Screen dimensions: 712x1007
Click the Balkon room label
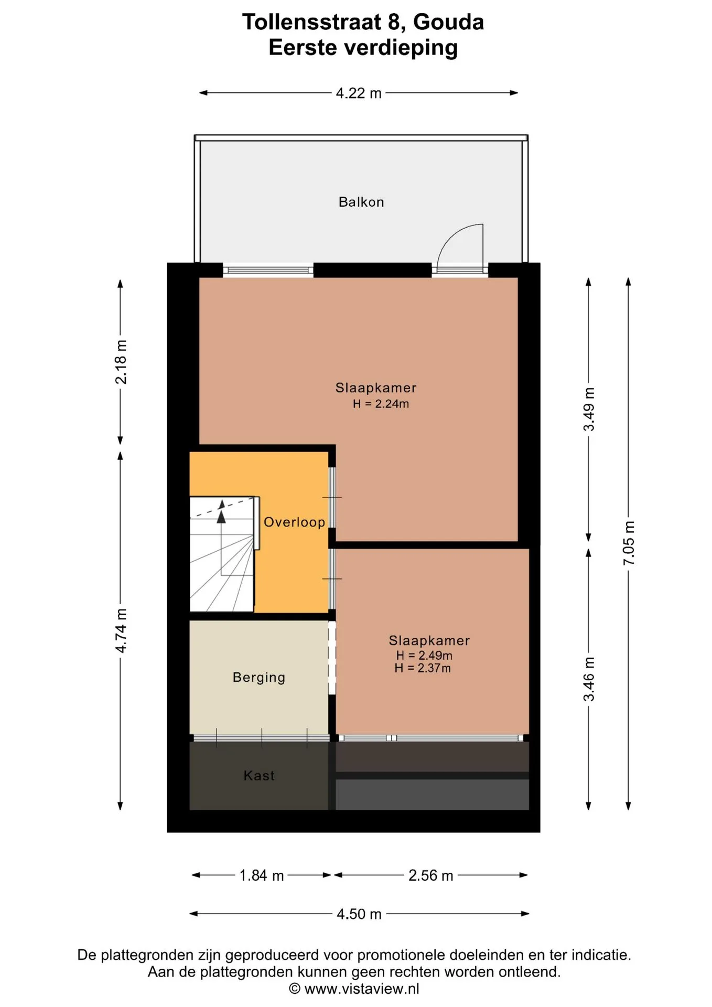[x=361, y=202]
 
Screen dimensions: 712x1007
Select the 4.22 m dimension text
[x=359, y=93]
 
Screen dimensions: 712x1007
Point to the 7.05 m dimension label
[x=629, y=543]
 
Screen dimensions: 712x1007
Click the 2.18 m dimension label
[x=121, y=362]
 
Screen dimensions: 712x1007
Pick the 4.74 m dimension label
[x=121, y=631]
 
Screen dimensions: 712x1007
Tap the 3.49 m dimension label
[x=589, y=409]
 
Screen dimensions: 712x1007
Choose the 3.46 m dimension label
[x=589, y=679]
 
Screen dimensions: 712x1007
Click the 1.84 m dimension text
[x=262, y=875]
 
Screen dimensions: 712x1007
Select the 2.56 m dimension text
[x=431, y=875]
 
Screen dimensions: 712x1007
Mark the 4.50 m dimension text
[x=359, y=914]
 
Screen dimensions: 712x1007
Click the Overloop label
[x=294, y=522]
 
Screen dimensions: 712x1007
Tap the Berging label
[x=259, y=678]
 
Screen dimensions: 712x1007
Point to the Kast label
[x=259, y=776]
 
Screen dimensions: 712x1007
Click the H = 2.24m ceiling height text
[x=381, y=404]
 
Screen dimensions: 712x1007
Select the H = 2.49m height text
[x=424, y=656]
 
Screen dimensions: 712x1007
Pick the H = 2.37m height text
[x=423, y=668]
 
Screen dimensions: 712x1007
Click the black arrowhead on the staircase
[x=221, y=517]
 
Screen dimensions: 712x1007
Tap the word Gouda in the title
[x=448, y=22]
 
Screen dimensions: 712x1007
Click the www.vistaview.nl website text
[x=362, y=989]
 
